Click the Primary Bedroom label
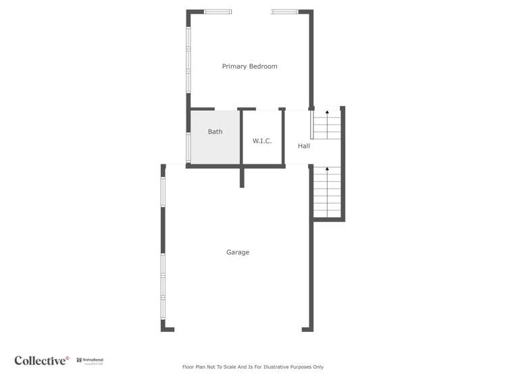(x=249, y=66)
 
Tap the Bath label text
(x=215, y=132)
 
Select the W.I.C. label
(x=262, y=141)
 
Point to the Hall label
(x=304, y=145)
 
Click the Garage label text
(x=237, y=252)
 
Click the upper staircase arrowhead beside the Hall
(x=328, y=112)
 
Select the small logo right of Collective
(x=90, y=361)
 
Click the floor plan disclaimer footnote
(x=253, y=367)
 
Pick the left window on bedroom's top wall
(x=218, y=11)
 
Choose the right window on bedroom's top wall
(x=284, y=11)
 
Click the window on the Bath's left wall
(x=188, y=147)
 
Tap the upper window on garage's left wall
(x=163, y=191)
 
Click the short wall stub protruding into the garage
(x=242, y=177)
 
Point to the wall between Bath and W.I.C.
(x=242, y=137)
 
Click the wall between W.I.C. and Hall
(x=284, y=137)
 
